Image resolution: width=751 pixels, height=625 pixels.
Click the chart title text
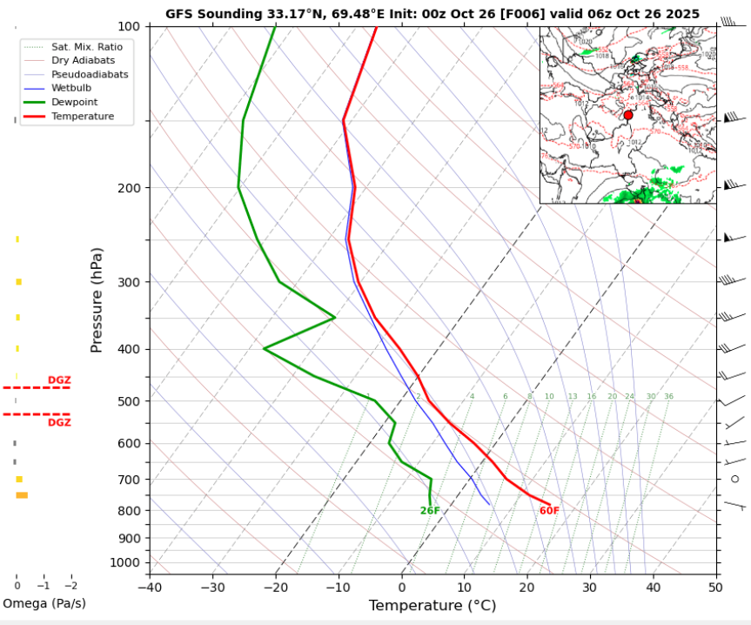[x=432, y=14]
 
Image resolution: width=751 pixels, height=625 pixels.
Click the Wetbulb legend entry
[x=70, y=88]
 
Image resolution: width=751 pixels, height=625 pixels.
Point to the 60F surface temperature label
[x=549, y=511]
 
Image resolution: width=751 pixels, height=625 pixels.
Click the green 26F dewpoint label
[x=430, y=511]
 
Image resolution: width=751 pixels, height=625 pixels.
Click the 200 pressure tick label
[x=129, y=188]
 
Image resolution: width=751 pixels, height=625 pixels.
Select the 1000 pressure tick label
[x=125, y=562]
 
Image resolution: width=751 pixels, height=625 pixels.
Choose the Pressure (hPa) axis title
[x=97, y=300]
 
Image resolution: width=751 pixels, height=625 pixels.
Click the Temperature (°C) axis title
[x=432, y=605]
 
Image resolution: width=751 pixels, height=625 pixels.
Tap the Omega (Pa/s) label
[x=44, y=603]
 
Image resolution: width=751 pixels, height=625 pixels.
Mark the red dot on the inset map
[x=628, y=115]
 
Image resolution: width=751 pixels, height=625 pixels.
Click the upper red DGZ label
[x=59, y=380]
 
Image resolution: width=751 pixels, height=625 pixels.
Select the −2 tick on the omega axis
[x=70, y=586]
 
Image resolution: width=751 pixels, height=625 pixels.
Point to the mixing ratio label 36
[x=668, y=397]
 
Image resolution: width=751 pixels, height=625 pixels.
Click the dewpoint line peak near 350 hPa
[x=335, y=318]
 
